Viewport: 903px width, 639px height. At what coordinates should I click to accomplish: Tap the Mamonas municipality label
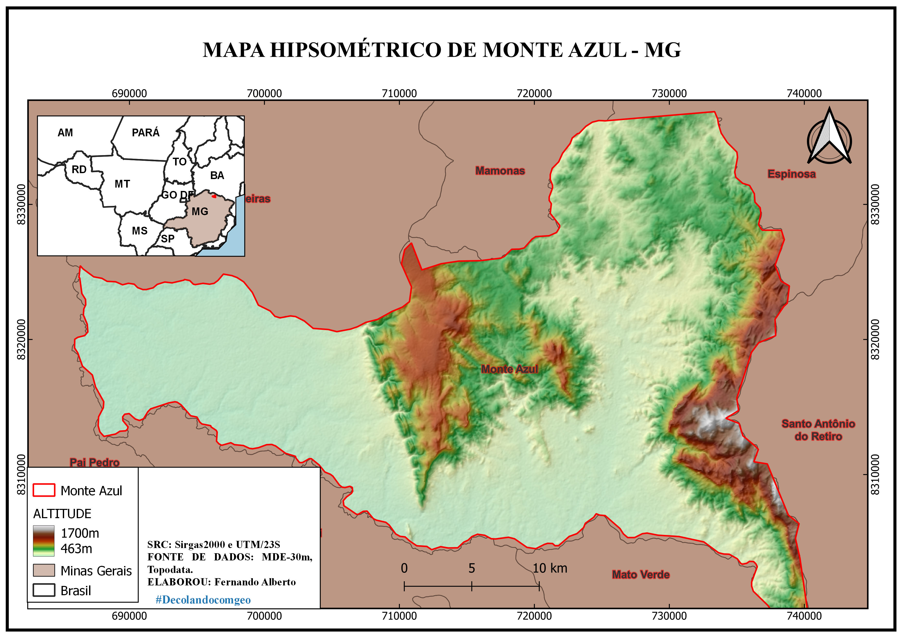point(500,171)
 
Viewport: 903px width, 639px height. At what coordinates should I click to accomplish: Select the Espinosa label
point(791,174)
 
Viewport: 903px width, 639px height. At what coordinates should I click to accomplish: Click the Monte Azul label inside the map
point(509,369)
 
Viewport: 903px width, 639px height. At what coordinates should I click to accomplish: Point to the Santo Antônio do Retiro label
point(818,430)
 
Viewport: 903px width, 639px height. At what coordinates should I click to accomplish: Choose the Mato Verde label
point(641,575)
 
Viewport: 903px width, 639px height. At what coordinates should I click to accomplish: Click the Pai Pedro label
point(94,462)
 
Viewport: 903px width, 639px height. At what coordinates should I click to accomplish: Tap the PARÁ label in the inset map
point(145,133)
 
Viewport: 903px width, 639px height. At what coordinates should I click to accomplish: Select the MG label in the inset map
point(200,212)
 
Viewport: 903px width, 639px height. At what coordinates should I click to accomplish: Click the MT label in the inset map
point(122,184)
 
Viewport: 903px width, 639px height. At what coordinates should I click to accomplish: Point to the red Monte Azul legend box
point(44,490)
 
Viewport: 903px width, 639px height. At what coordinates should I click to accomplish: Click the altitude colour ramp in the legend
point(44,541)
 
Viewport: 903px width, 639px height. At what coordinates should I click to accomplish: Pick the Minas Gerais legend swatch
point(44,570)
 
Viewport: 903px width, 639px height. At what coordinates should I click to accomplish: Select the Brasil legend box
point(44,590)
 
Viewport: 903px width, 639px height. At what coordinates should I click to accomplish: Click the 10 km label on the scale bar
point(550,568)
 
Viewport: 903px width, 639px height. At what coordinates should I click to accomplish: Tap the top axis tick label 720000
point(534,93)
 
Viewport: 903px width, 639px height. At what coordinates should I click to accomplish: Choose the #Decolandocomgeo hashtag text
point(203,600)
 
